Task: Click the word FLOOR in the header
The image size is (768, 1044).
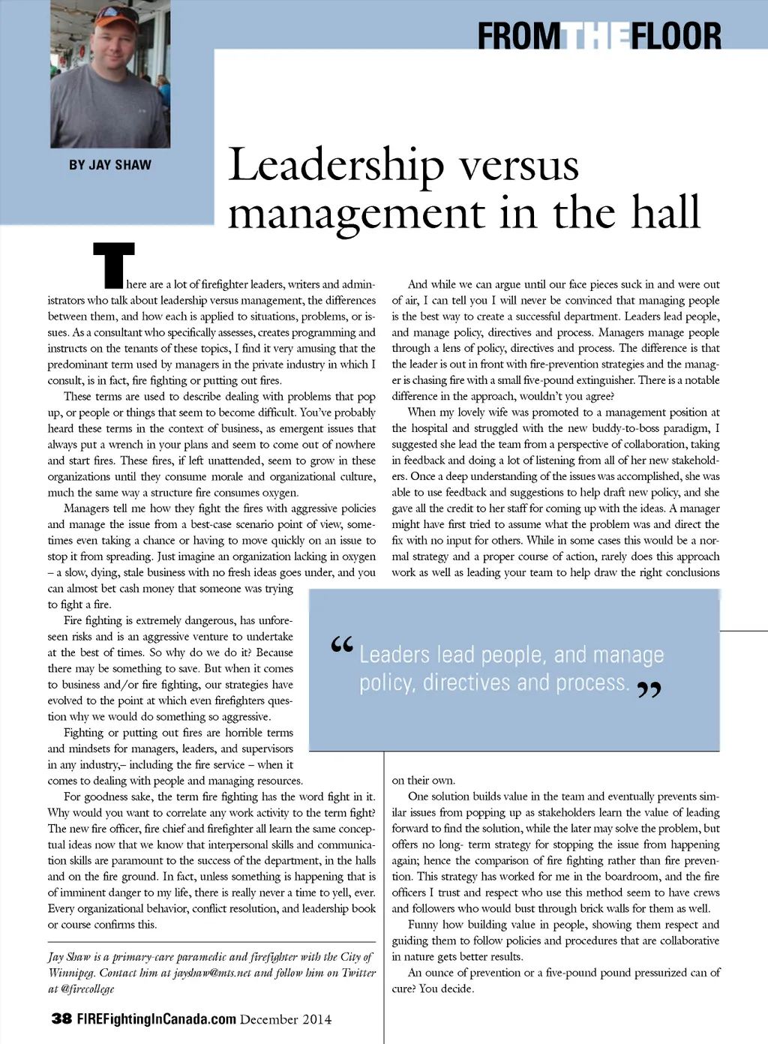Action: [676, 36]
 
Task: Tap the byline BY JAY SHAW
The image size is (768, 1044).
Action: [110, 165]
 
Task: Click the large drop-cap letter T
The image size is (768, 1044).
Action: [114, 265]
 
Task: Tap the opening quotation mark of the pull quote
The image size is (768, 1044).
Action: [342, 644]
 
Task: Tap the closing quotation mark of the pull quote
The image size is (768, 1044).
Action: [649, 689]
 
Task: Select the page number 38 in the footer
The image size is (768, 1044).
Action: [61, 1018]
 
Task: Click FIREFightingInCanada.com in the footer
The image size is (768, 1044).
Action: [156, 1019]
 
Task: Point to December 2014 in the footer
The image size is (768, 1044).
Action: [286, 1019]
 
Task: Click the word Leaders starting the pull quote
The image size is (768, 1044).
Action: [394, 655]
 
